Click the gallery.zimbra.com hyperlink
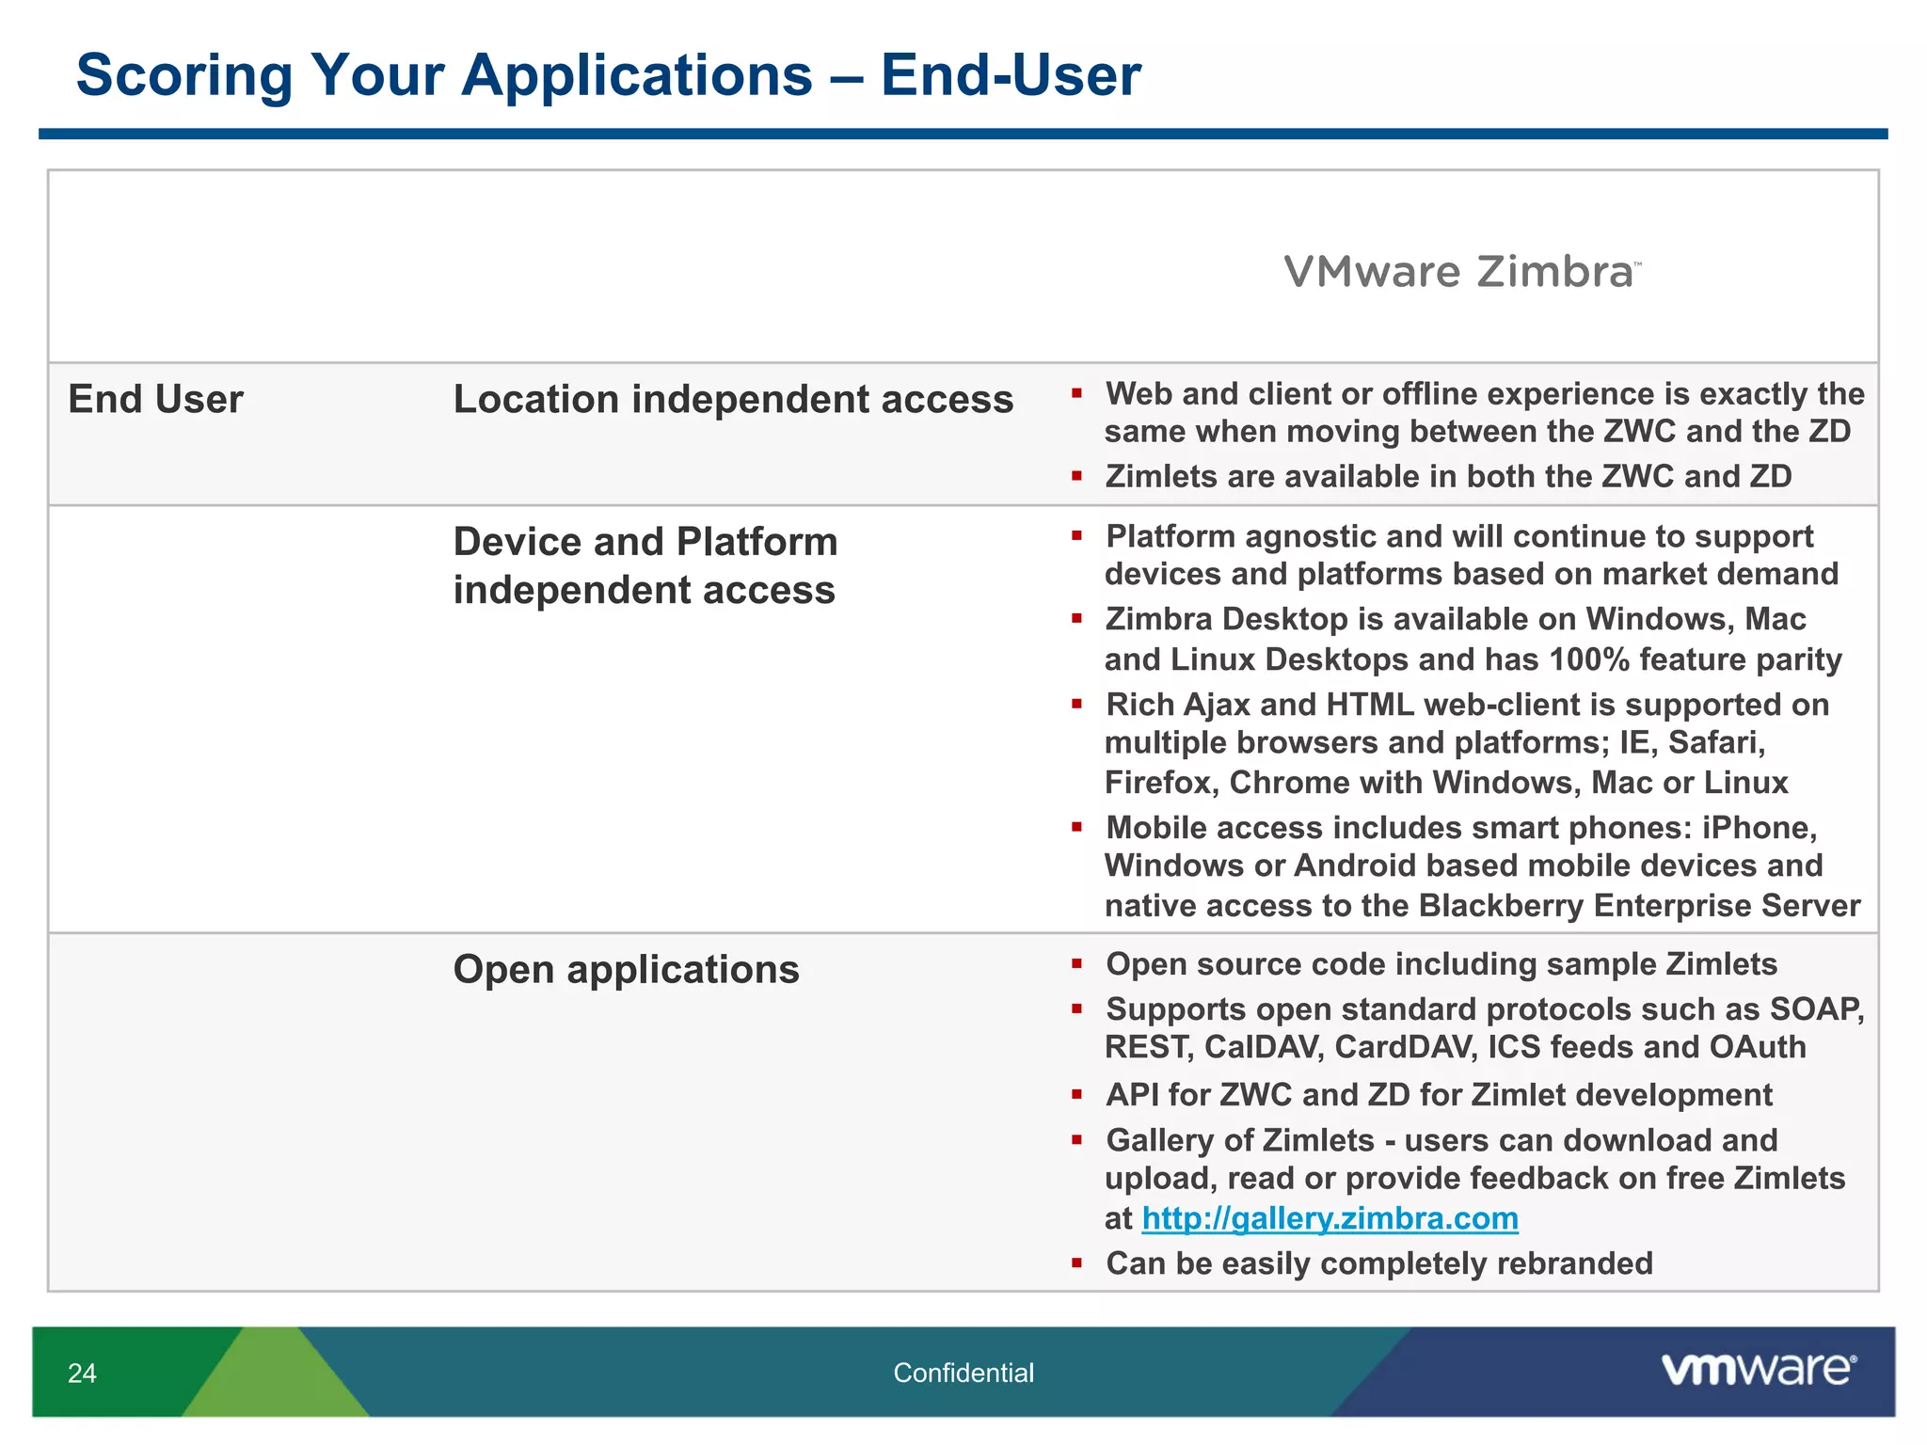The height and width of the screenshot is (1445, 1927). click(1330, 1219)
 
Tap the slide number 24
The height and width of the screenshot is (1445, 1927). click(82, 1374)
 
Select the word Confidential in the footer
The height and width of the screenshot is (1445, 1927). click(963, 1374)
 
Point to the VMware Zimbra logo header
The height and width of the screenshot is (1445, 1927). click(1460, 272)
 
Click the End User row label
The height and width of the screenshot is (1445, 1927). click(155, 400)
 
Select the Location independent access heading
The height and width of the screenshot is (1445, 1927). click(733, 400)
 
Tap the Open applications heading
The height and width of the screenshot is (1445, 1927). click(626, 970)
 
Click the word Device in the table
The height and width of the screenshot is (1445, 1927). click(517, 543)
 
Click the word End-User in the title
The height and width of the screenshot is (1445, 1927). click(1010, 75)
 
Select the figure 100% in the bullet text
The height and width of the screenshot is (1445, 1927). click(1588, 659)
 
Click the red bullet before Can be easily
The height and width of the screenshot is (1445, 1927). click(1076, 1263)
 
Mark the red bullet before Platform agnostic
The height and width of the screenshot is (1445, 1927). click(1076, 536)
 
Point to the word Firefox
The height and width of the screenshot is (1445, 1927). click(1160, 783)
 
